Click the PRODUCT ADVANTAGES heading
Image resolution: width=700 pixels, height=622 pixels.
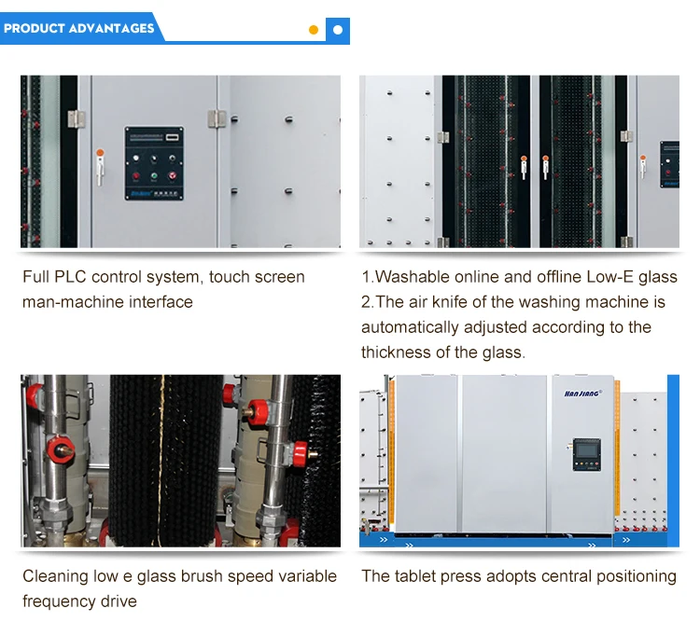[79, 28]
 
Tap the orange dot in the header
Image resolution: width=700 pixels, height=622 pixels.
[314, 30]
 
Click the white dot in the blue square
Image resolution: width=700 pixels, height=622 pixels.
[338, 30]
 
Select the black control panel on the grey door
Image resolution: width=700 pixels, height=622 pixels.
[154, 163]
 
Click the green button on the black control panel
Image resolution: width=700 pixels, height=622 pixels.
[154, 176]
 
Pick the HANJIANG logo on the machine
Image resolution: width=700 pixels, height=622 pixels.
[583, 394]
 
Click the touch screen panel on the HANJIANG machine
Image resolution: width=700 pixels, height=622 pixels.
[587, 455]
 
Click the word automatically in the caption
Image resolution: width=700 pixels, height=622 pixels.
[410, 328]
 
